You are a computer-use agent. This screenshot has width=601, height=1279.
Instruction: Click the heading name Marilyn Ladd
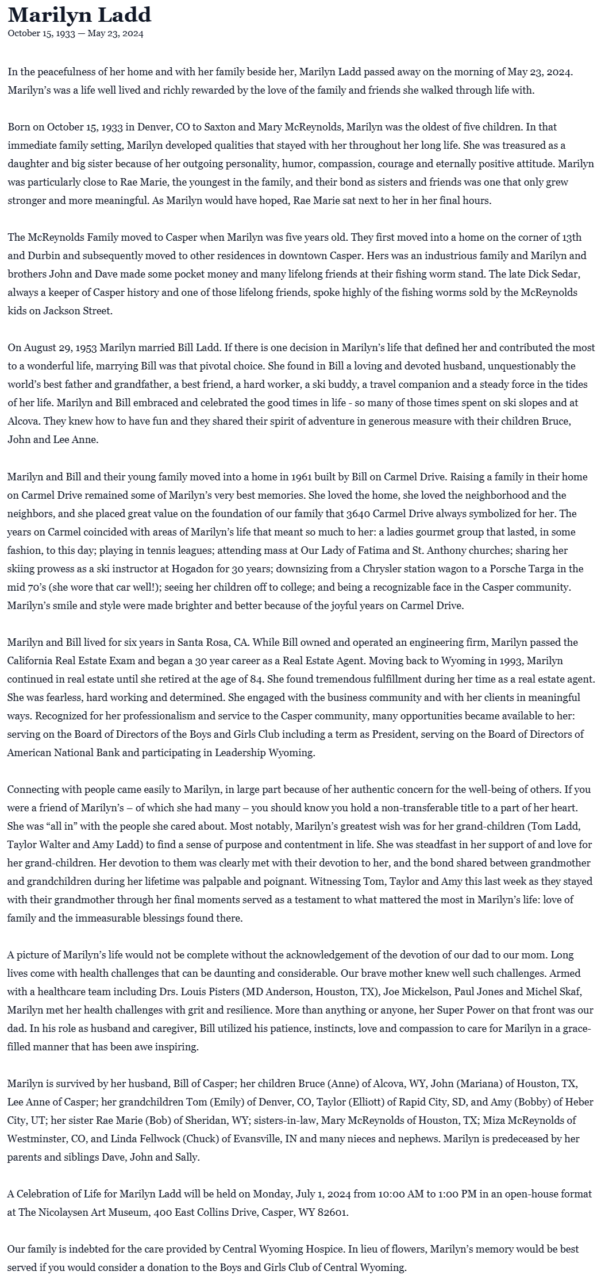pyautogui.click(x=79, y=14)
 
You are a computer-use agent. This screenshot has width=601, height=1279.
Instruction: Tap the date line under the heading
pyautogui.click(x=75, y=33)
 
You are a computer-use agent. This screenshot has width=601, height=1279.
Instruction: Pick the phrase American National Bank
pyautogui.click(x=64, y=752)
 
